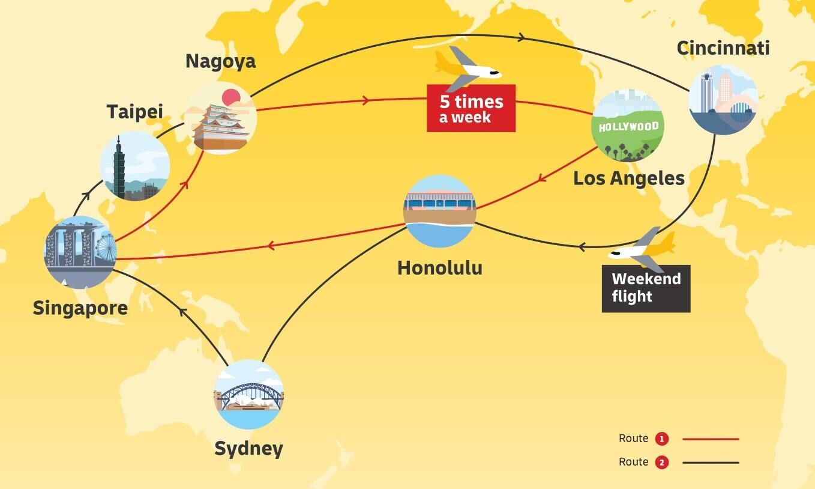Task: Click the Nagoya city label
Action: [x=220, y=61]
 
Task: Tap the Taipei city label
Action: [x=135, y=112]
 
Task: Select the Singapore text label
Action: [x=80, y=308]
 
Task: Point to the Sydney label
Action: [x=248, y=449]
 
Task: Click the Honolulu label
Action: [x=440, y=268]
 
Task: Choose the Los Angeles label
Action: [x=629, y=178]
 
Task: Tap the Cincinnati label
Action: [x=723, y=48]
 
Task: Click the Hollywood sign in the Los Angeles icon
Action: [x=628, y=127]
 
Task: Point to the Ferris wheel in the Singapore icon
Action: [x=106, y=249]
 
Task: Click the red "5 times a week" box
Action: [x=471, y=108]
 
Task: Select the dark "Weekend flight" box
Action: [x=646, y=288]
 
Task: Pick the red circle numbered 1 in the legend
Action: [x=661, y=439]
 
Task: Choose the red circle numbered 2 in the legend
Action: [x=661, y=463]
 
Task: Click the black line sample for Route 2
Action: [x=711, y=463]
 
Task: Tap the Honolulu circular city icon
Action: [x=439, y=211]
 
